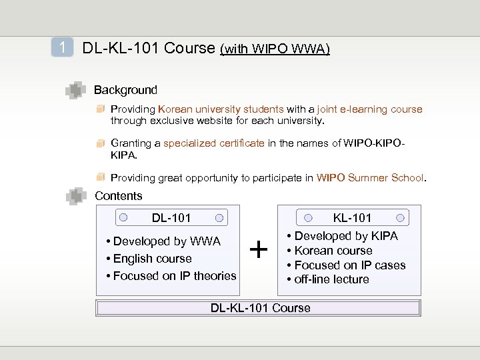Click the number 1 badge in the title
click(x=62, y=47)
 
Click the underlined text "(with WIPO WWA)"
click(x=275, y=49)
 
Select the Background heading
click(x=125, y=90)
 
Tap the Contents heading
click(x=119, y=196)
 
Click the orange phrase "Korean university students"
click(x=221, y=109)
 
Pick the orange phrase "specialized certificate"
click(x=214, y=143)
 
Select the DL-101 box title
click(x=171, y=218)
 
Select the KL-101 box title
click(x=352, y=218)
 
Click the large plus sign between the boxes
click(x=258, y=251)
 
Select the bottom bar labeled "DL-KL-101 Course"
click(x=259, y=308)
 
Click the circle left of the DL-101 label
click(x=123, y=217)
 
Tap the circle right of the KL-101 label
click(x=400, y=217)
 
